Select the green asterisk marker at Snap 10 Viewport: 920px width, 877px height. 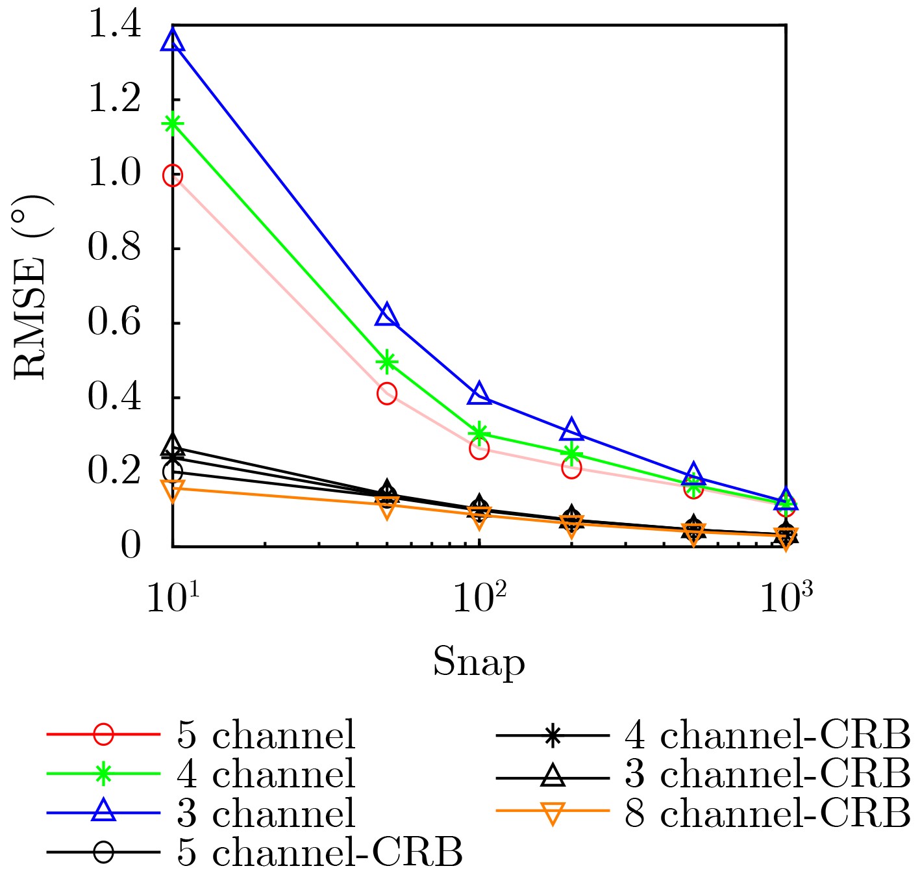pos(173,123)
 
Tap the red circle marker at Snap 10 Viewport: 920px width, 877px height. pos(173,175)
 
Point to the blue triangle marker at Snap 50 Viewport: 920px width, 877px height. pos(387,315)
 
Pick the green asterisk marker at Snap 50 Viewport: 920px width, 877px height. pos(387,362)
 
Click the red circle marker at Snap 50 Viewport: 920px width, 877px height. pos(387,394)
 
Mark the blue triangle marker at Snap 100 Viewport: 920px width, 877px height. pos(479,393)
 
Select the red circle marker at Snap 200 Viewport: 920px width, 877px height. pos(571,468)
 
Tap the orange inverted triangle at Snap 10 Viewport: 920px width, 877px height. pos(173,490)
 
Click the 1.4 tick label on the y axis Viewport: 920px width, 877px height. pos(114,26)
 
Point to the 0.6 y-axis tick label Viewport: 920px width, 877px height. pos(114,323)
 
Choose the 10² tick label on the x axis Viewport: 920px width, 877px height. pos(479,599)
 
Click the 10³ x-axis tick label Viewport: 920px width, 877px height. pos(786,599)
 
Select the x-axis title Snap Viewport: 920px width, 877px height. pos(479,663)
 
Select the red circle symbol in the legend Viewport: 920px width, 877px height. pos(103,735)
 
